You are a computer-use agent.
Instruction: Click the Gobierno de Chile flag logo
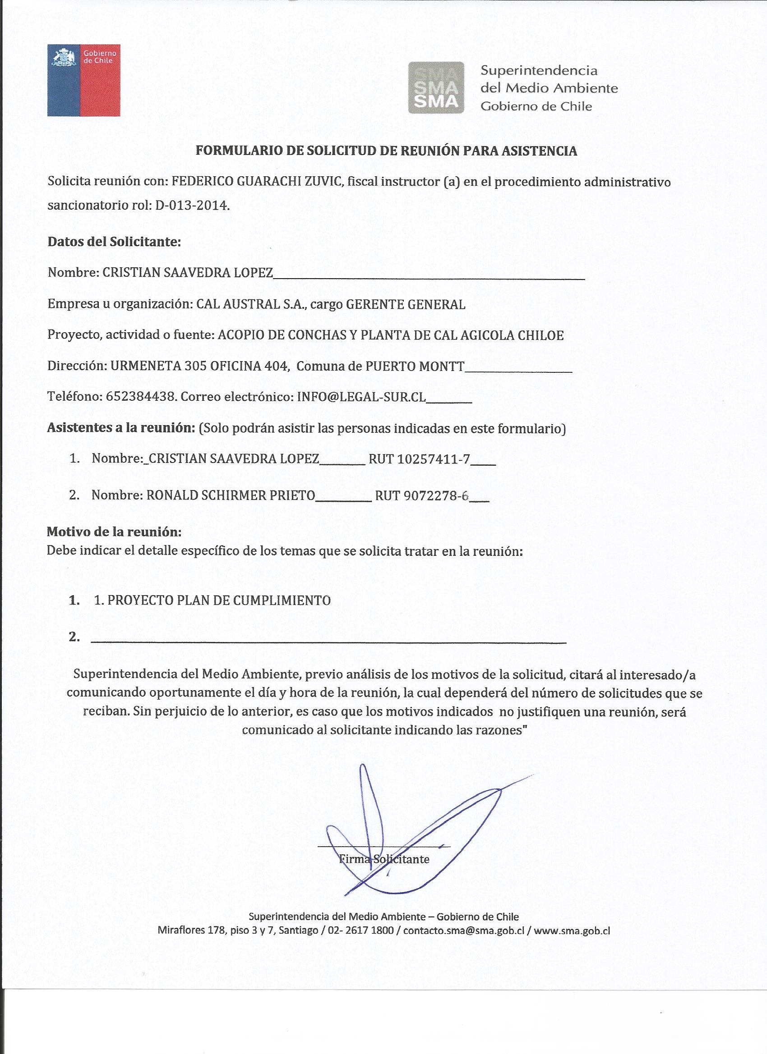pyautogui.click(x=84, y=80)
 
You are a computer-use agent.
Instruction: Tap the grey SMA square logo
pyautogui.click(x=436, y=87)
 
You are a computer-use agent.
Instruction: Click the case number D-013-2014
pyautogui.click(x=192, y=205)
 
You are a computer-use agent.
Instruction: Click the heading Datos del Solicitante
pyautogui.click(x=114, y=242)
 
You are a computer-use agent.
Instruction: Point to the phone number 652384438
pyautogui.click(x=141, y=396)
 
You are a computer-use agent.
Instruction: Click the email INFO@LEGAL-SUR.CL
pyautogui.click(x=361, y=396)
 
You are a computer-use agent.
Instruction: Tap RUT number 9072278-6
pyautogui.click(x=436, y=496)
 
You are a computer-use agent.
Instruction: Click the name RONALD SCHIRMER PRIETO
pyautogui.click(x=231, y=495)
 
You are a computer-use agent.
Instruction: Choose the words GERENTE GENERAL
pyautogui.click(x=406, y=304)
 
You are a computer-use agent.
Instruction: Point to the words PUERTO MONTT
pyautogui.click(x=415, y=366)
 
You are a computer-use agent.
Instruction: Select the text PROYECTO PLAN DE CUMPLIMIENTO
pyautogui.click(x=219, y=600)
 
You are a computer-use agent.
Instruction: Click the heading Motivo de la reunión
pyautogui.click(x=114, y=532)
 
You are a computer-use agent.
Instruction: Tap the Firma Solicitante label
pyautogui.click(x=384, y=859)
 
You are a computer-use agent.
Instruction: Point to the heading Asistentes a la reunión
pyautogui.click(x=121, y=427)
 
